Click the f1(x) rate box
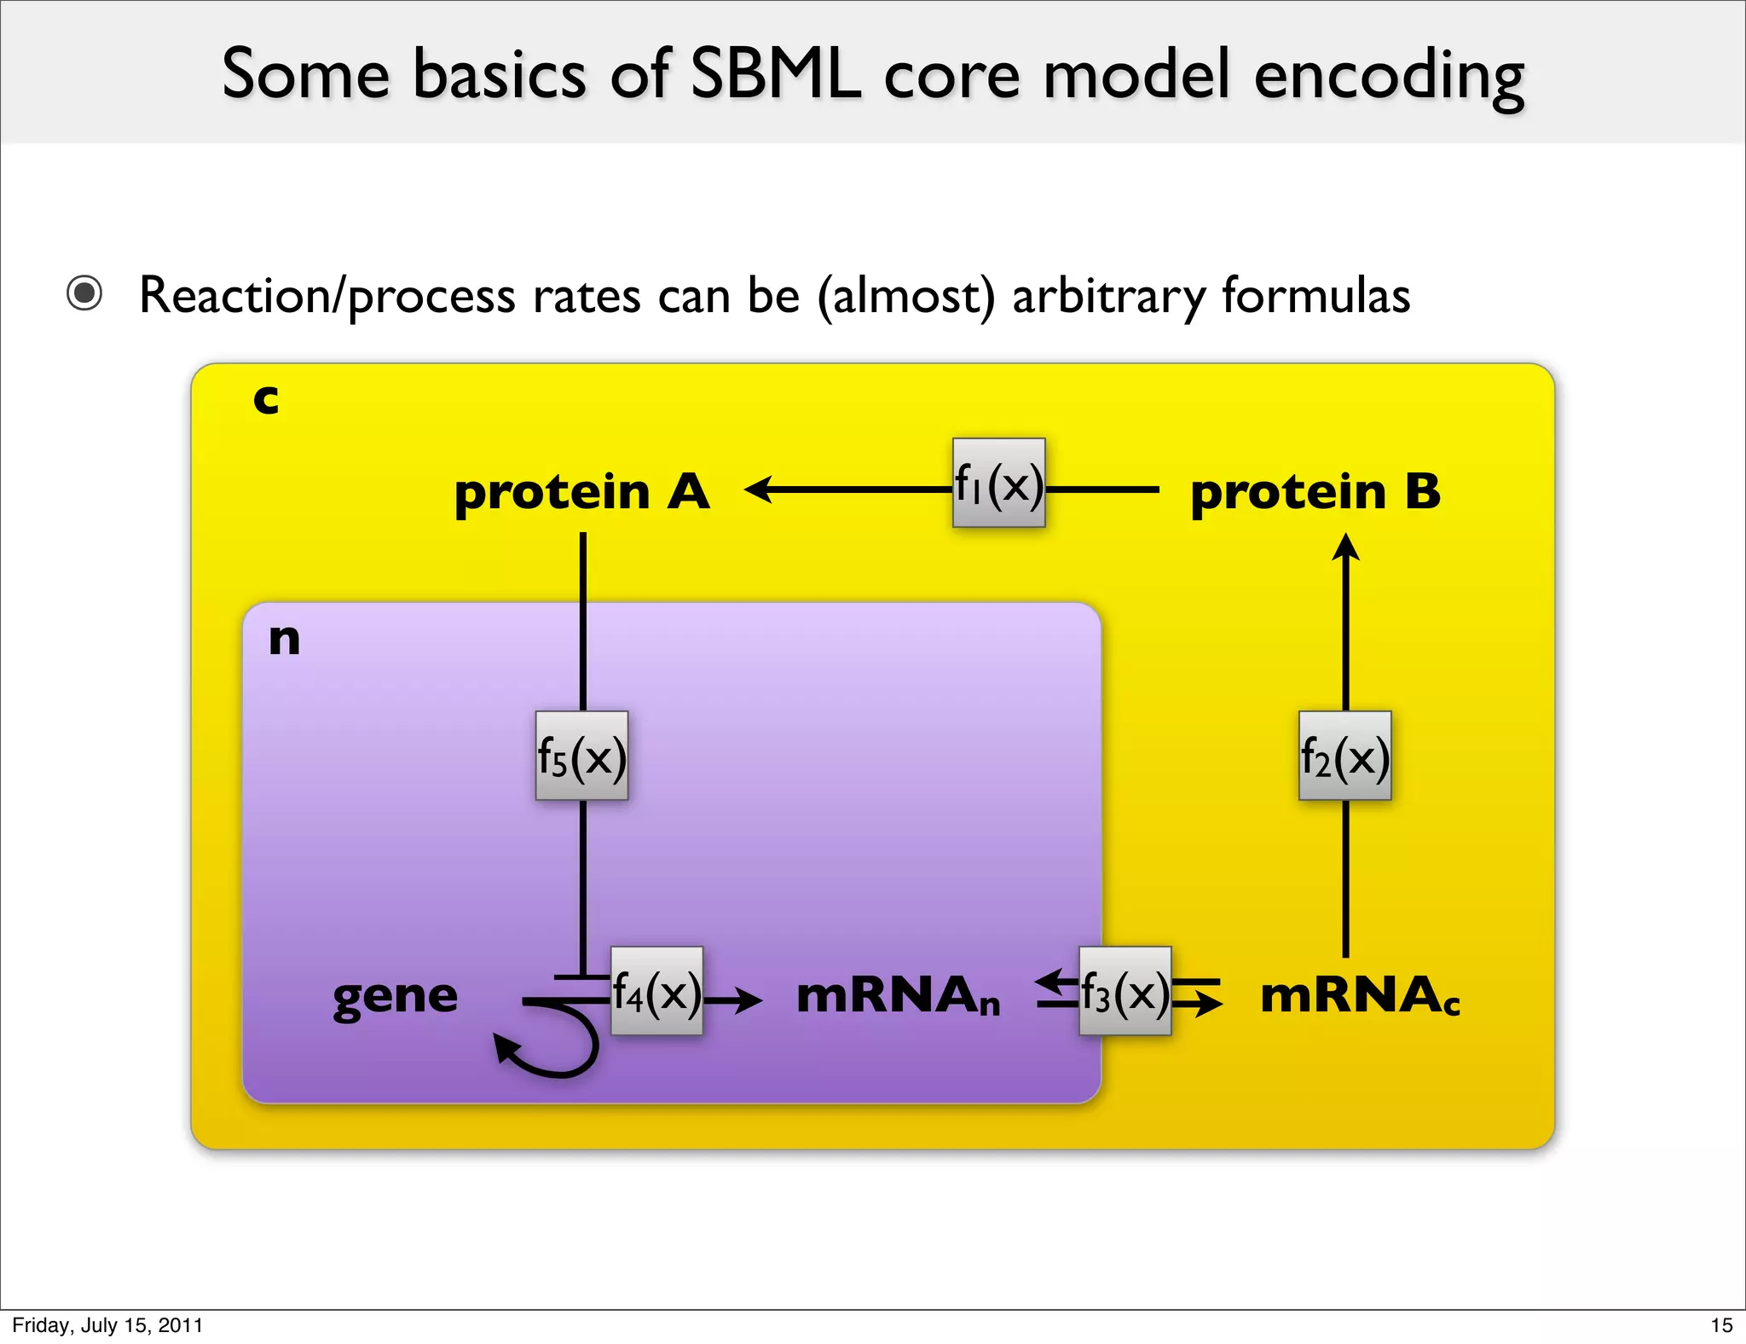point(998,483)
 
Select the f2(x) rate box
point(1344,756)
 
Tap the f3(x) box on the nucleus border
point(1124,991)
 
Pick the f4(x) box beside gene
point(656,991)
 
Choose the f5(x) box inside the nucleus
point(581,756)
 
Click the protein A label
point(581,492)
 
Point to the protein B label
point(1315,492)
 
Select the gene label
point(396,996)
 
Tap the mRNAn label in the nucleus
point(898,996)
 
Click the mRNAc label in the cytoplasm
point(1360,996)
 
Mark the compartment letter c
point(266,398)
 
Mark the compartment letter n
point(284,639)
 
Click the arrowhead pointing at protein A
point(758,490)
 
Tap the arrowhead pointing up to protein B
point(1345,547)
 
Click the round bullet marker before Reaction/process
point(84,293)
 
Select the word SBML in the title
point(775,74)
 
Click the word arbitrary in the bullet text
point(1107,296)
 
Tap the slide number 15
point(1721,1324)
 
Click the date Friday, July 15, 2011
point(107,1324)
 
